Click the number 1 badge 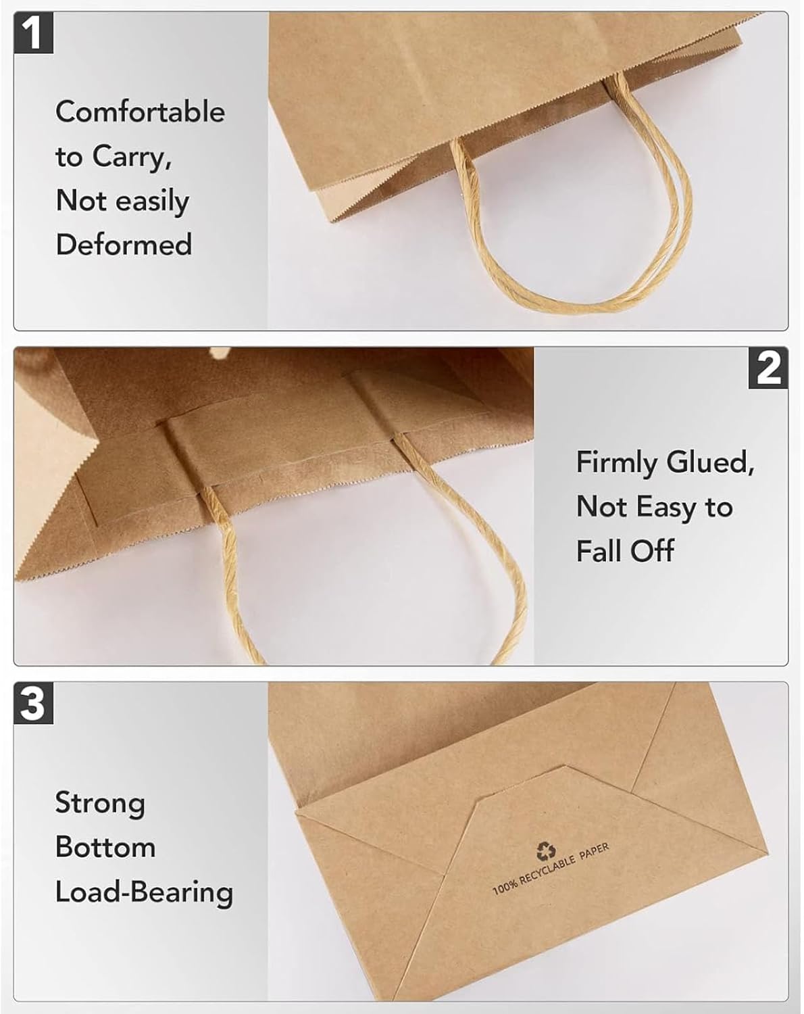[33, 32]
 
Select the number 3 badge [33, 703]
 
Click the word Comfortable [141, 112]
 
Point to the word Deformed [124, 244]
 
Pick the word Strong [100, 802]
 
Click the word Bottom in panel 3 [105, 847]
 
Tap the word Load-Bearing [144, 892]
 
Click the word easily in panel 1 [153, 201]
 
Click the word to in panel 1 [69, 157]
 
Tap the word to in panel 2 [719, 507]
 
